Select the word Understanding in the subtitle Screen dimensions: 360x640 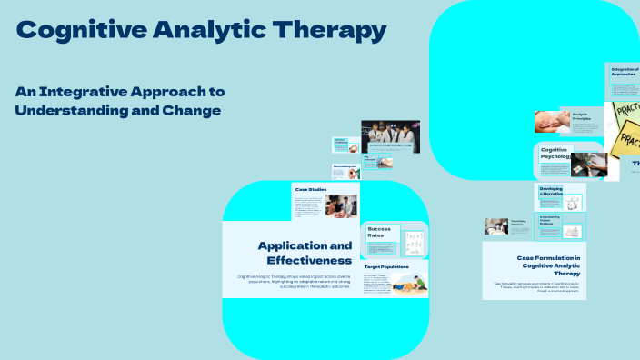click(72, 110)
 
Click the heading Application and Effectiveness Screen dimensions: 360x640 click(304, 253)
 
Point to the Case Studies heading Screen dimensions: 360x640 click(310, 189)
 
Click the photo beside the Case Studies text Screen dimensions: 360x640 click(342, 205)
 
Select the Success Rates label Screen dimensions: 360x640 click(381, 232)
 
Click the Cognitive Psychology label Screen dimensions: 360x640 click(555, 153)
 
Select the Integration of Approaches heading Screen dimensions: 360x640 click(624, 72)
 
